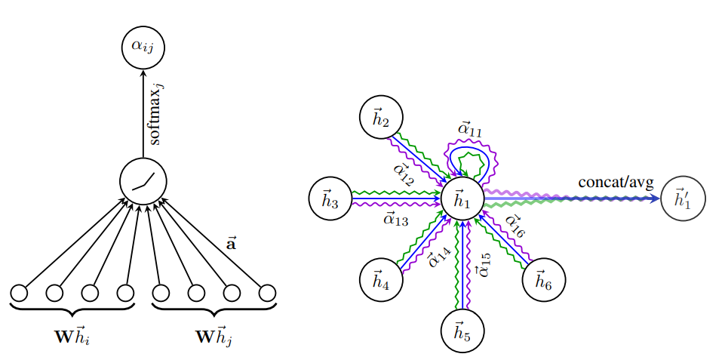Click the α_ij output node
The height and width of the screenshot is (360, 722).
tap(143, 48)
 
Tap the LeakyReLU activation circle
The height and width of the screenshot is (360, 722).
tap(143, 180)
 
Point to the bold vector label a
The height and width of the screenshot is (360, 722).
tap(231, 244)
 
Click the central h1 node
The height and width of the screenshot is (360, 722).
tap(462, 199)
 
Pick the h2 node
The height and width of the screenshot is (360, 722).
tap(381, 118)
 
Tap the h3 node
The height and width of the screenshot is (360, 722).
tap(330, 199)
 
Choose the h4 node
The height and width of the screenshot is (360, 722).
tap(381, 279)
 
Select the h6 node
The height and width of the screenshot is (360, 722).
tap(543, 279)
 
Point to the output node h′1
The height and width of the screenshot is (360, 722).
tap(683, 199)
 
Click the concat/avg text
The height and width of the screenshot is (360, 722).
tap(616, 183)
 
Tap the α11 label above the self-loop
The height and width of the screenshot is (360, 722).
tap(470, 130)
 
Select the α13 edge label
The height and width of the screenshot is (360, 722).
tap(395, 219)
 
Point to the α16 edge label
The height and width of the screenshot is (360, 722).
tap(515, 226)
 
